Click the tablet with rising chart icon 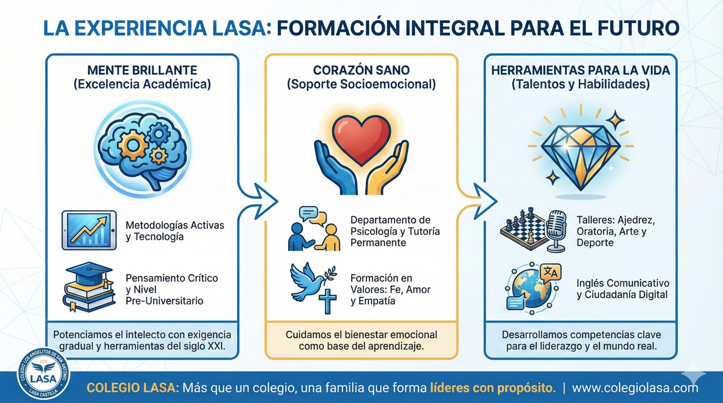tap(89, 230)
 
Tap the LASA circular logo tap(43, 375)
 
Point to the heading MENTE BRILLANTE tap(142, 70)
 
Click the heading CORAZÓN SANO tap(361, 70)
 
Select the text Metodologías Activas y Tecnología tap(175, 231)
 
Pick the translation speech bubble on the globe tap(550, 272)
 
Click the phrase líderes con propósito tap(493, 388)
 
